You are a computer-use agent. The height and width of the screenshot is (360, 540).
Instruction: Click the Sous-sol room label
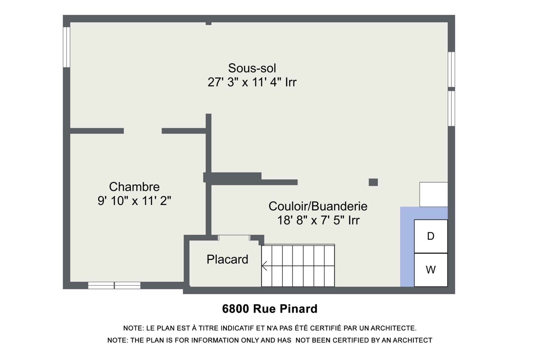click(252, 68)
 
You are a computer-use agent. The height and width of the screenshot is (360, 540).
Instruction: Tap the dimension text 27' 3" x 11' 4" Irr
click(252, 82)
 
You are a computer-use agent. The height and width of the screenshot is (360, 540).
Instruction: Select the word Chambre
click(134, 187)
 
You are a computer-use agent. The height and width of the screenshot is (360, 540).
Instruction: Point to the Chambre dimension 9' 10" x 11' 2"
click(134, 201)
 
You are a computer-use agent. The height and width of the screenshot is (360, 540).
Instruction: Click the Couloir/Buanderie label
click(318, 206)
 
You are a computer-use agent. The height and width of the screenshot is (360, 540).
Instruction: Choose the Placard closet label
click(227, 259)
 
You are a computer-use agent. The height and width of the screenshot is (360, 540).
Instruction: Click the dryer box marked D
click(431, 236)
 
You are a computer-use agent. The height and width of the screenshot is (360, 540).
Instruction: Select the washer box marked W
click(431, 270)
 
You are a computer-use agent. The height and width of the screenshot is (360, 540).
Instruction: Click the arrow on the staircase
click(265, 265)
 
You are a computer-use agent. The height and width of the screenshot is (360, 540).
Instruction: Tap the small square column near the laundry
click(373, 182)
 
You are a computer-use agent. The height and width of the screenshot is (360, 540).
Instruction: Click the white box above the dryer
click(433, 194)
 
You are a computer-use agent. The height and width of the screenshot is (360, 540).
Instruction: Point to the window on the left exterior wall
click(66, 47)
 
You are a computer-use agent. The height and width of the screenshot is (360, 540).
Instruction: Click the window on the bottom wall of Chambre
click(114, 285)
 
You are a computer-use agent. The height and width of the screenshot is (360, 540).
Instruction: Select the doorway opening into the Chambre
click(143, 131)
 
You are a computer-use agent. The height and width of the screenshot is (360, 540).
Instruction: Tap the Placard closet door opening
click(234, 238)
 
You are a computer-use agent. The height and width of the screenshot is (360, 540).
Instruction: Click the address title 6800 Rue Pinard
click(270, 309)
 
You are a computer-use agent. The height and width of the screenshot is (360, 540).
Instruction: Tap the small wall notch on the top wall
click(208, 23)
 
